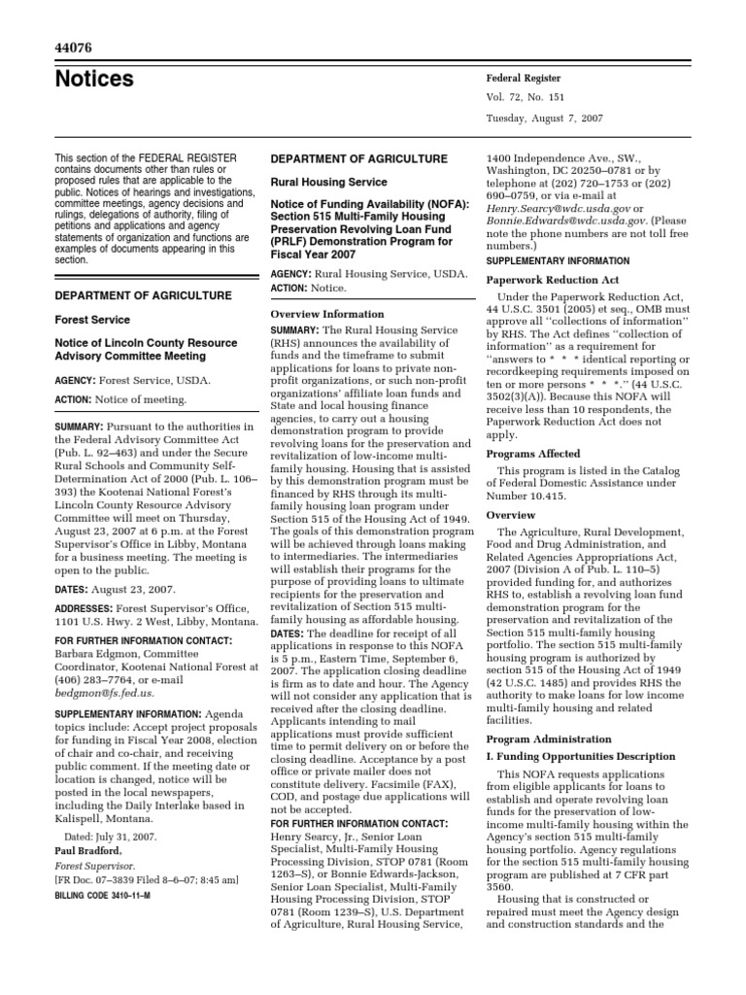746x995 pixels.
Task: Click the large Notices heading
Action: pos(95,80)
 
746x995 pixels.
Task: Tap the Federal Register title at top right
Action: pos(524,78)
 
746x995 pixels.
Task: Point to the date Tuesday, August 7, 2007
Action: pos(547,118)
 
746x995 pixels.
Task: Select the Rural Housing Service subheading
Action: pos(327,182)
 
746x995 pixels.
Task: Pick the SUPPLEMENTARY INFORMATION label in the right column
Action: pos(557,261)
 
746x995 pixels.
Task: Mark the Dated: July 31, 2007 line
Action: pos(117,836)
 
